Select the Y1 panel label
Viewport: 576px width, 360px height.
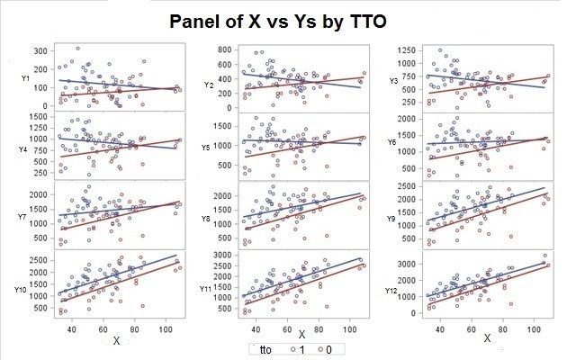(x=26, y=79)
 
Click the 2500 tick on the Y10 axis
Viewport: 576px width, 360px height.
(x=40, y=260)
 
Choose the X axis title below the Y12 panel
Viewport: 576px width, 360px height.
(x=487, y=339)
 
